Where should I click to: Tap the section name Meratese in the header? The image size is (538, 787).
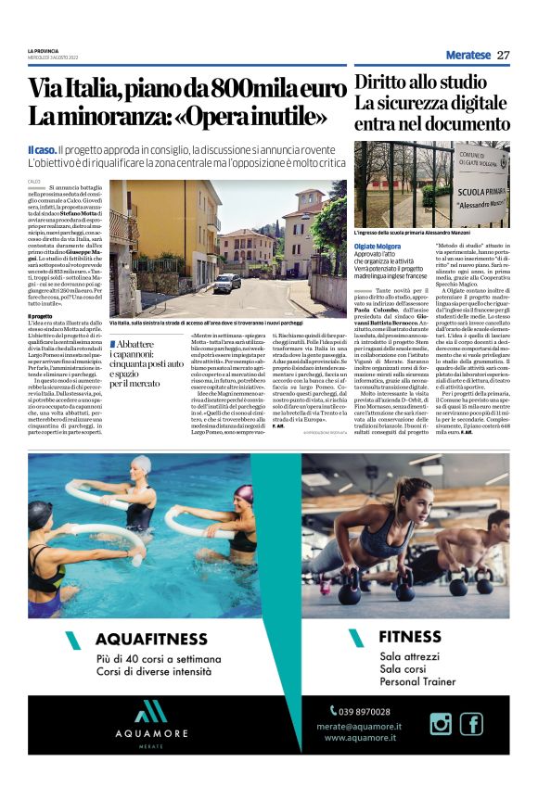(x=468, y=55)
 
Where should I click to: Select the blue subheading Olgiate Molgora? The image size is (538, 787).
(x=382, y=246)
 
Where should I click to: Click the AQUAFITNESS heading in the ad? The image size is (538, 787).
(x=150, y=639)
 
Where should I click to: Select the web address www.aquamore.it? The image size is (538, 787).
(x=362, y=738)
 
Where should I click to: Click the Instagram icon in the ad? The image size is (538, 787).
(x=441, y=724)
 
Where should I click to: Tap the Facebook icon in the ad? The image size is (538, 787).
(x=471, y=724)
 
